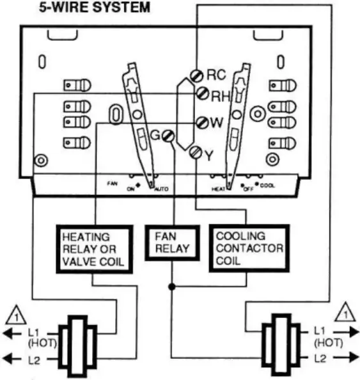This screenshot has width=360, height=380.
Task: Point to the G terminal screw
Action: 168,135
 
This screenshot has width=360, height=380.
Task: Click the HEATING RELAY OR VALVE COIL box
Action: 95,250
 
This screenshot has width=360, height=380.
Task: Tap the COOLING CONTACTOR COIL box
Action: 249,248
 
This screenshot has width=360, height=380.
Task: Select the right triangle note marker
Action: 344,312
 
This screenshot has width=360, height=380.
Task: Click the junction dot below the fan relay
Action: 171,286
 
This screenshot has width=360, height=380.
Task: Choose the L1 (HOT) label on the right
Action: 328,336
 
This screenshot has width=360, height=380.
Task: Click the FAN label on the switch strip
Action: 111,183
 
